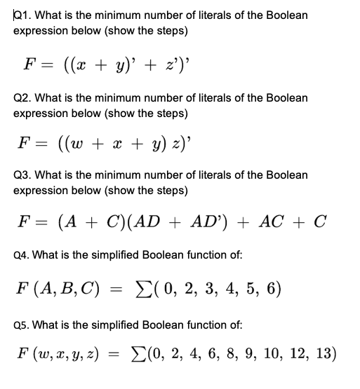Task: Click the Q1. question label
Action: [23, 15]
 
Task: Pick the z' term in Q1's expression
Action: [177, 56]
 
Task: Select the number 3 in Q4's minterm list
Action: [206, 288]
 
